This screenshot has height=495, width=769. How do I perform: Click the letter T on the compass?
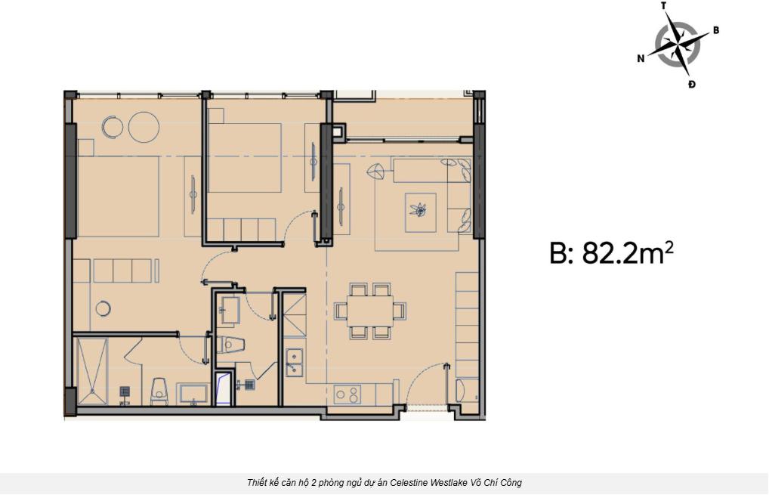click(x=664, y=6)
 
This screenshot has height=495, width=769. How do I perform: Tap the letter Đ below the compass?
click(x=691, y=85)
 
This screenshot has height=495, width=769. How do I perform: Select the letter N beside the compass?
click(x=641, y=59)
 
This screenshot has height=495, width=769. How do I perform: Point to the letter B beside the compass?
click(x=715, y=30)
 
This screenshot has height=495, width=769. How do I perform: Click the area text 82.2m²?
click(x=628, y=253)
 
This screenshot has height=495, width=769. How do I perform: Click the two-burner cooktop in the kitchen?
click(x=347, y=394)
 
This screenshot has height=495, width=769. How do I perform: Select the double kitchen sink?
click(x=295, y=363)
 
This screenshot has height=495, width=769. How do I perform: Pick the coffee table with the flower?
click(x=420, y=212)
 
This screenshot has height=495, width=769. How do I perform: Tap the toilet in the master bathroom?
click(x=159, y=392)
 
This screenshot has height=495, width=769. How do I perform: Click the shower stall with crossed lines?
click(x=91, y=371)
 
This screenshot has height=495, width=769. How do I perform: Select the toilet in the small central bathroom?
click(x=230, y=345)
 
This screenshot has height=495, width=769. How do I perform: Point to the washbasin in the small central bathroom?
click(x=229, y=310)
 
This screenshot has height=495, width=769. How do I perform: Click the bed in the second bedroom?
click(x=245, y=157)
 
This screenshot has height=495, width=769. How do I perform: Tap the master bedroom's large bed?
click(x=118, y=196)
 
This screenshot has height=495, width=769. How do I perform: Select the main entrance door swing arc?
click(x=421, y=376)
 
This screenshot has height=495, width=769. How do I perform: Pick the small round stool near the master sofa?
click(x=103, y=308)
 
